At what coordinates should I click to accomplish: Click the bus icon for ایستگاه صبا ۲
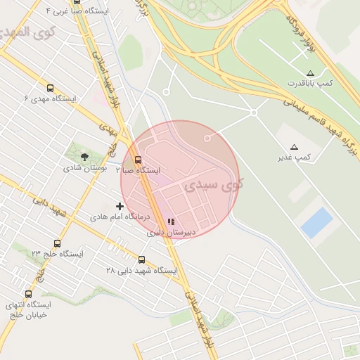pos(138,160)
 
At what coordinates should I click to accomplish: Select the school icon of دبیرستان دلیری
pos(171,221)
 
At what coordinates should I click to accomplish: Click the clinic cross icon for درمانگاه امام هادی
pos(120,207)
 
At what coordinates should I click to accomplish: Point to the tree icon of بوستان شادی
pos(85,157)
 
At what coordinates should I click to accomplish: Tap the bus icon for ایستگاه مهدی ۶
pos(50,89)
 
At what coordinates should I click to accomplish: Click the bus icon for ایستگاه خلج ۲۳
pos(57,243)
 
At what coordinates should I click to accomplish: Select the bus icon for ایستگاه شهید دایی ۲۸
pos(142,259)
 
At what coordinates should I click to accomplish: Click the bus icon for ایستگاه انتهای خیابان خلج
pos(28,294)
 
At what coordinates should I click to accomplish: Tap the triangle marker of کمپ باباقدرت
pos(310,73)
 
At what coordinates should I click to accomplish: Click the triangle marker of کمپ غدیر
pos(294,147)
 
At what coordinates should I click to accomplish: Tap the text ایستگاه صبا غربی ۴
pos(77,11)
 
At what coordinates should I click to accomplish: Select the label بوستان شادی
pos(84,168)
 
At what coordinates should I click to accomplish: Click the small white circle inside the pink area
pos(207,139)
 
